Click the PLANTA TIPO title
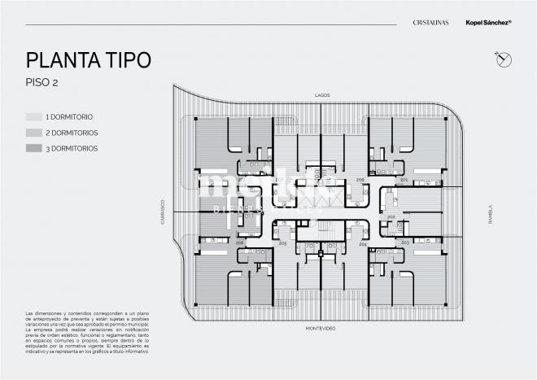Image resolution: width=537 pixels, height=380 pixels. [88, 60]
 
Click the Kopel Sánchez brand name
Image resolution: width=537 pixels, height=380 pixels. [487, 24]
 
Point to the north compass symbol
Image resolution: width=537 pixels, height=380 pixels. [503, 58]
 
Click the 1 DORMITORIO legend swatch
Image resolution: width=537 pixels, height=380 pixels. [33, 116]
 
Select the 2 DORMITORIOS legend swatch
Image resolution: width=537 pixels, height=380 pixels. [33, 132]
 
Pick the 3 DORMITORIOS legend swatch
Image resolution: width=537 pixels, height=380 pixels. [33, 148]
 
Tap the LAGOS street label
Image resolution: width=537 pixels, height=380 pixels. [321, 95]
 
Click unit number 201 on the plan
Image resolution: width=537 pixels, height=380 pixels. [404, 179]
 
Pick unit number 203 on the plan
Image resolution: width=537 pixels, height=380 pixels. [405, 242]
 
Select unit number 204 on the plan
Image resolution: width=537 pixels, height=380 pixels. [363, 243]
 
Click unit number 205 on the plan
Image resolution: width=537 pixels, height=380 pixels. [282, 242]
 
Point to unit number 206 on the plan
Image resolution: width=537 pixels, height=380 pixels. [239, 242]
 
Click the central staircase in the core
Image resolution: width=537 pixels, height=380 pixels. [322, 231]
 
